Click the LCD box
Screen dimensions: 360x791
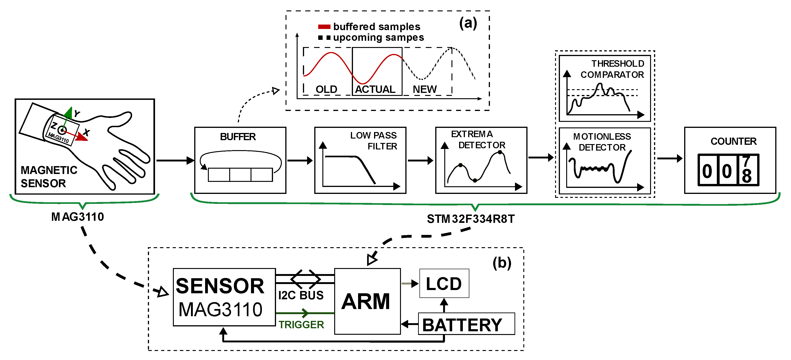pyautogui.click(x=444, y=283)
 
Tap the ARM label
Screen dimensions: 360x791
pyautogui.click(x=366, y=301)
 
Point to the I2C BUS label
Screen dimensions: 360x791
pyautogui.click(x=301, y=295)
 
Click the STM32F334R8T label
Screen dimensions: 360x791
pyautogui.click(x=470, y=219)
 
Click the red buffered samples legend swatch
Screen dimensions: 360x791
pyautogui.click(x=324, y=27)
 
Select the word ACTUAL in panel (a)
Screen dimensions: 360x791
pyautogui.click(x=375, y=89)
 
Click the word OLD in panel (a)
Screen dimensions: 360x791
pyautogui.click(x=326, y=89)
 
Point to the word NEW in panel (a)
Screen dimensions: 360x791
pyautogui.click(x=424, y=89)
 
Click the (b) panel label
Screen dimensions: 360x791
pyautogui.click(x=502, y=263)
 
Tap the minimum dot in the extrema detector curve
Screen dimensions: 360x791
pyautogui.click(x=475, y=180)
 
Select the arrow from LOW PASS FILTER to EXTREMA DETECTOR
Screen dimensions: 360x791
pyautogui.click(x=421, y=160)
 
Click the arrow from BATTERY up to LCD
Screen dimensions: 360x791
pyautogui.click(x=444, y=305)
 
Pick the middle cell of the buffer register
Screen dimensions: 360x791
pyautogui.click(x=240, y=175)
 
